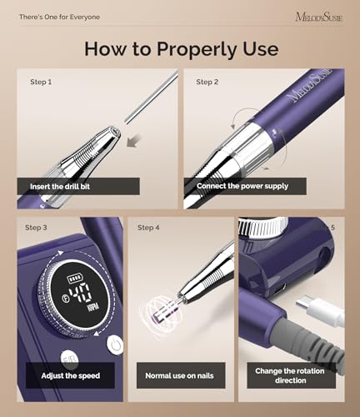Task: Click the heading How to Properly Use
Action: pos(180,48)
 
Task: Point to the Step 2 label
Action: pos(207,82)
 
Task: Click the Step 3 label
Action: pos(36,228)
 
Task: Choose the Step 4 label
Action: pos(148,228)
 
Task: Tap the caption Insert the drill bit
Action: pos(60,187)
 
